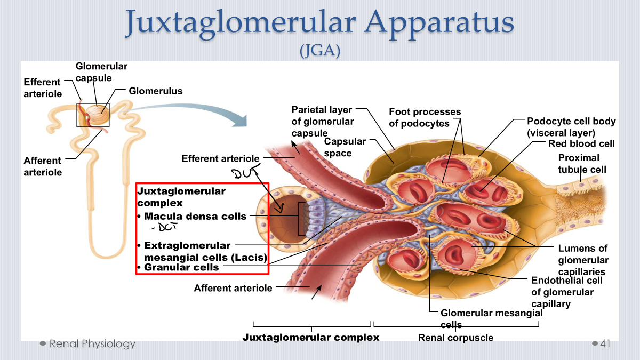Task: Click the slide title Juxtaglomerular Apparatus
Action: click(319, 23)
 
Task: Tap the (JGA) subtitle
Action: click(320, 50)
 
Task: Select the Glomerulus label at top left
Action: click(155, 91)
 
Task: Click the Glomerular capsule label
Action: click(101, 72)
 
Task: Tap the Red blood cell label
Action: click(581, 143)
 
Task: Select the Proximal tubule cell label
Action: click(582, 164)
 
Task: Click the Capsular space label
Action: click(345, 147)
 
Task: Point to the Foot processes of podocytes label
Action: click(425, 117)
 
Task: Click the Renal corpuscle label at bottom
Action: click(455, 338)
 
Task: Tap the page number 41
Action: click(605, 343)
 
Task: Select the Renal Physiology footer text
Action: click(92, 343)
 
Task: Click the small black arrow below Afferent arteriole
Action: click(316, 292)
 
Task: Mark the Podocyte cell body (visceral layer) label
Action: click(571, 127)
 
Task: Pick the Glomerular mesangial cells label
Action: click(491, 318)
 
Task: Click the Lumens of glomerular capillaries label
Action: click(583, 260)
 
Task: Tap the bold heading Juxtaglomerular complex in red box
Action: click(181, 197)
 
